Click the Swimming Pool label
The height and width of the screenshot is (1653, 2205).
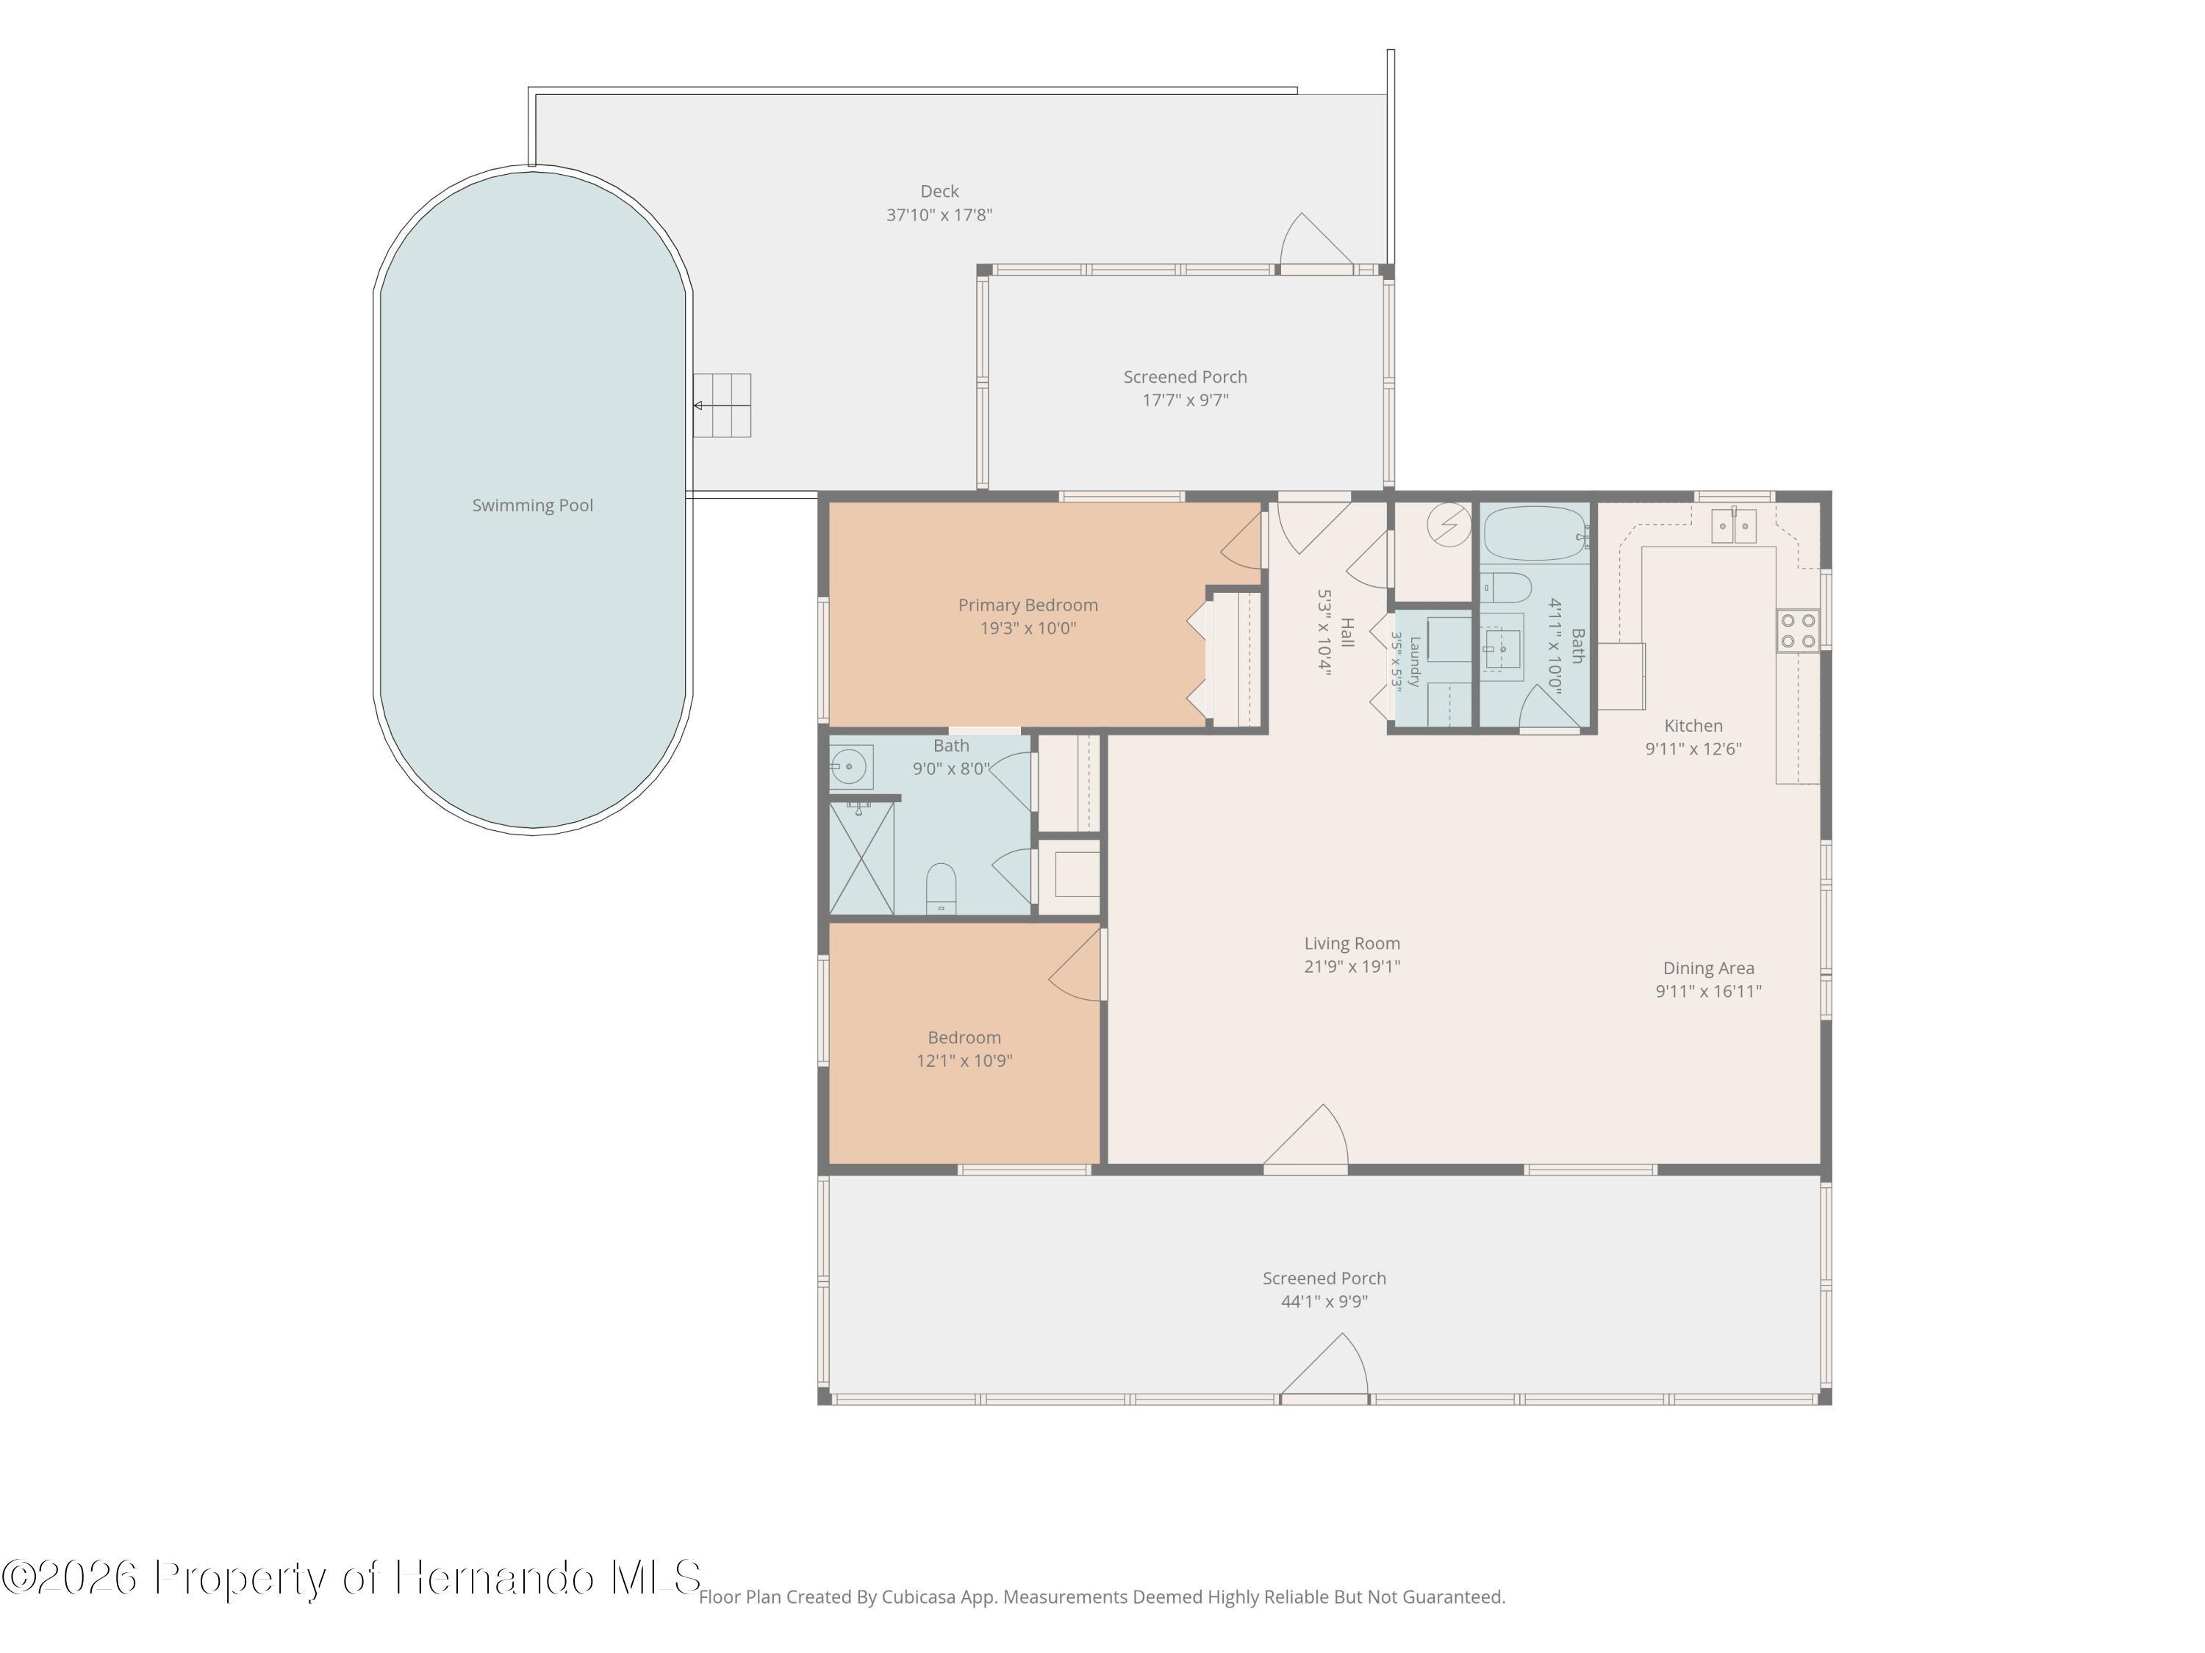532,505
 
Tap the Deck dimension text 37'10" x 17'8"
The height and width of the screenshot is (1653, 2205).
939,215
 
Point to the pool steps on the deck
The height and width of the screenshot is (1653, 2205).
722,406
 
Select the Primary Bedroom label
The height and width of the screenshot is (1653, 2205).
1028,605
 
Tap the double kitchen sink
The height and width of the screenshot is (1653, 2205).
1733,526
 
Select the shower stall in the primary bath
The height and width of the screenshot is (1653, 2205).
861,856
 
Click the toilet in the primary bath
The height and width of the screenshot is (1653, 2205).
941,887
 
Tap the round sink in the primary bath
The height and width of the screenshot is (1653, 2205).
850,766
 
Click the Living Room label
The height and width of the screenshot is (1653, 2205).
1352,943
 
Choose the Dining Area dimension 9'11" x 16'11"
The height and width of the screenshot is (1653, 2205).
1709,991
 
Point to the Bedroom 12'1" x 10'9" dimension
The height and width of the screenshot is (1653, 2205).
964,1060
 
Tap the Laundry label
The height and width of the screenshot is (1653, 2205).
1413,662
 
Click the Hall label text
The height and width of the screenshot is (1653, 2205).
1347,632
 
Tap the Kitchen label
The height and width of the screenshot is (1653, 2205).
1693,725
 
